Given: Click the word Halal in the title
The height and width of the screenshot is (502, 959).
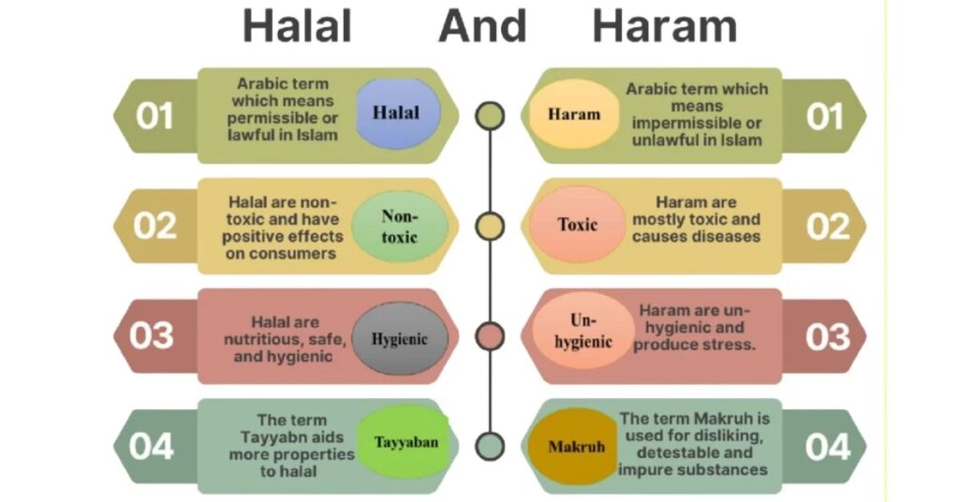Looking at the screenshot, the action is [297, 26].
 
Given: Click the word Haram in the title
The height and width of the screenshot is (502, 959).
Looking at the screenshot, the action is [665, 26].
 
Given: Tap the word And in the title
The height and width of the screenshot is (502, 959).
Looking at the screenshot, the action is [482, 26].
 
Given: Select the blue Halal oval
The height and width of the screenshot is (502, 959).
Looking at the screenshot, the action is [397, 113].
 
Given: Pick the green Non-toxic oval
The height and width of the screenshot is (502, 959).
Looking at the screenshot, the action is [400, 227].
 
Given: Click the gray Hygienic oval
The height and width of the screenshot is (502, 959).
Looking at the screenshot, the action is [400, 338].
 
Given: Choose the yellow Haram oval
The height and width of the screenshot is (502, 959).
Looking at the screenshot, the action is [574, 114].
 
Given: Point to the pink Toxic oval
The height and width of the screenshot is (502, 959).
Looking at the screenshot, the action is [577, 225].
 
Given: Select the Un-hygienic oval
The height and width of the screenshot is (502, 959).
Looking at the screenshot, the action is [583, 331].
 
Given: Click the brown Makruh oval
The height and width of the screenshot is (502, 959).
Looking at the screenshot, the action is [576, 447].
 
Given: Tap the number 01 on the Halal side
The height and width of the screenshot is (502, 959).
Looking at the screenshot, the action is [155, 116].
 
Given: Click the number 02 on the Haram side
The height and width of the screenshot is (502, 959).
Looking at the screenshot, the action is [828, 227].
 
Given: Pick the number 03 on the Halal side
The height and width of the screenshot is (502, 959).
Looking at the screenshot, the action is [152, 335].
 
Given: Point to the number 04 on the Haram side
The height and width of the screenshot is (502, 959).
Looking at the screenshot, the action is [828, 447].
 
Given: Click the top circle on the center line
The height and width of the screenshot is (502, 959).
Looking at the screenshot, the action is [490, 115].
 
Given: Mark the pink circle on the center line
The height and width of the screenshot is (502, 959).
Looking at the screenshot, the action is [490, 336].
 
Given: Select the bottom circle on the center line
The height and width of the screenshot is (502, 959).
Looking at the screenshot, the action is [490, 447].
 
